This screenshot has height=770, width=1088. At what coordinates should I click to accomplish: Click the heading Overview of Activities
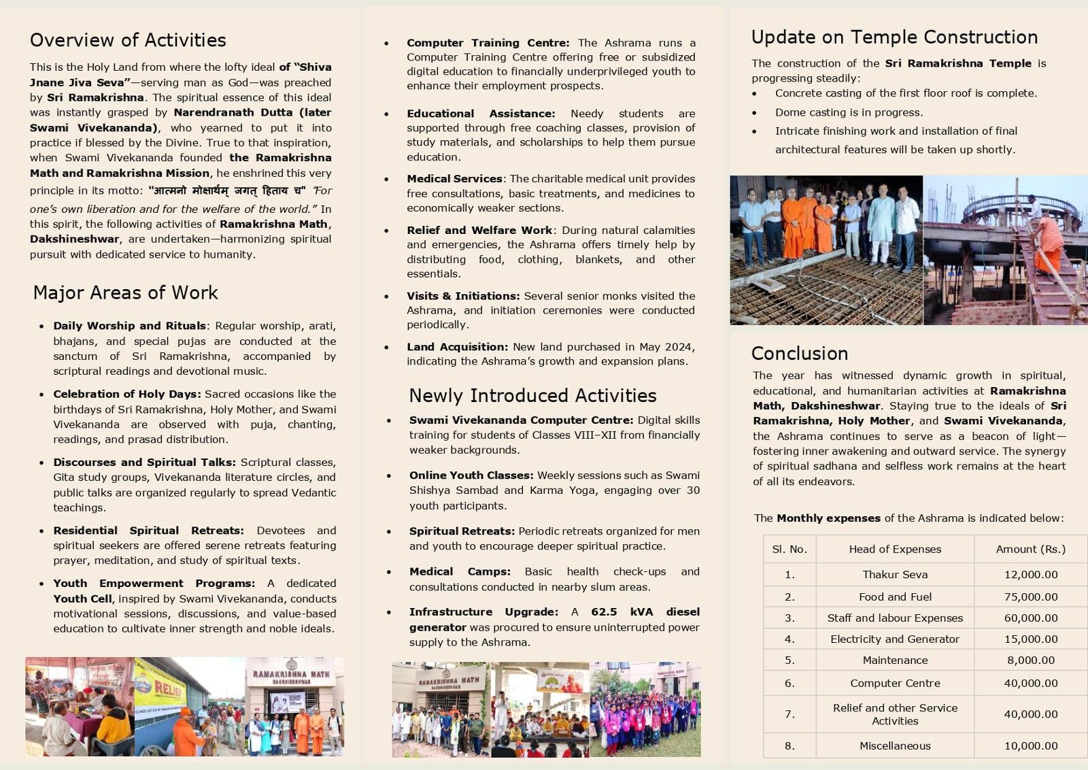[128, 40]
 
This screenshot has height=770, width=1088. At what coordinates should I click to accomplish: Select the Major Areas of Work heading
[126, 292]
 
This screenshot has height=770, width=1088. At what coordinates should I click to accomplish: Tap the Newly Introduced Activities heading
[532, 395]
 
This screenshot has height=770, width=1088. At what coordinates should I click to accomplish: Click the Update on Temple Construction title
[894, 37]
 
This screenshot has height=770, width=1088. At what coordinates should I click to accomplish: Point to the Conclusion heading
[800, 353]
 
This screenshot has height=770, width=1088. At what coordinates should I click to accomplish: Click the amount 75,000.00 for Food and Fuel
[1030, 597]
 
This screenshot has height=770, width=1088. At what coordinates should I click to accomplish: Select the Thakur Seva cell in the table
[895, 574]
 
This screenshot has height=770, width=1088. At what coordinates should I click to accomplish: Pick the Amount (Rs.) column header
[1030, 549]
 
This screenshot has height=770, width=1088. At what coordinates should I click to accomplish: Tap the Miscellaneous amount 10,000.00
[1030, 746]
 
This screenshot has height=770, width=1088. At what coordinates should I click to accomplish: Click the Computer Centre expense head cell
[895, 683]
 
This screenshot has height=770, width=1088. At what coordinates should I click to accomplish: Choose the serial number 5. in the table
[789, 660]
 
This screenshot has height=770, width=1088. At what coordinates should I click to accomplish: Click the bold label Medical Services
[454, 179]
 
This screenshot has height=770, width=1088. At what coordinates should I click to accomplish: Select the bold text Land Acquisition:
[457, 347]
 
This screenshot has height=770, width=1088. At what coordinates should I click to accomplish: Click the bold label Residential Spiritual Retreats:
[148, 531]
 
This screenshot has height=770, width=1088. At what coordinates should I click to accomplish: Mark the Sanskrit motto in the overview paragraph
[227, 191]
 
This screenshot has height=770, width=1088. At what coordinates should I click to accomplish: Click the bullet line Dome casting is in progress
[849, 112]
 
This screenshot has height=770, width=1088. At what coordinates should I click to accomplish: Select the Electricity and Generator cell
[895, 639]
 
